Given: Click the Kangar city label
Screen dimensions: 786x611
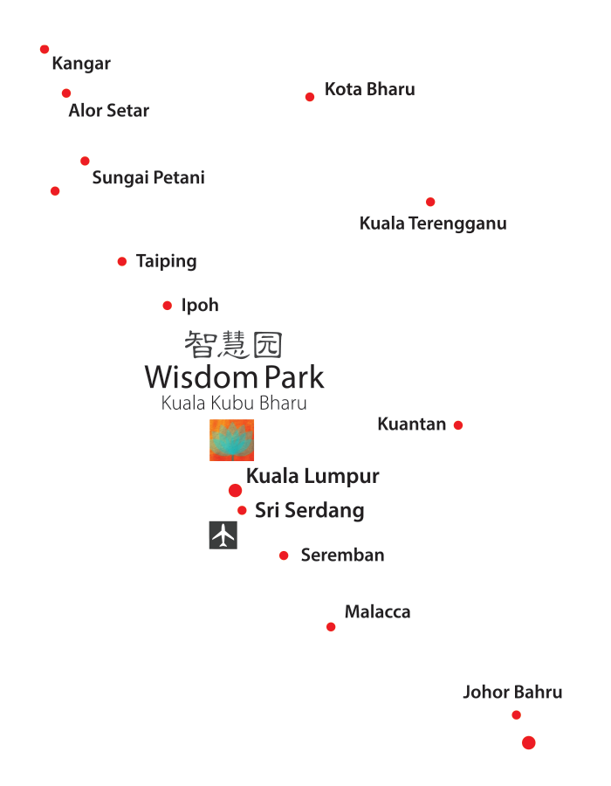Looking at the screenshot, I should pyautogui.click(x=81, y=64).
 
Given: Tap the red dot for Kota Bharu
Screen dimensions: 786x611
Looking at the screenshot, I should pyautogui.click(x=310, y=97).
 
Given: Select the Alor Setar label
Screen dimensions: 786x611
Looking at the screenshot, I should pyautogui.click(x=109, y=111).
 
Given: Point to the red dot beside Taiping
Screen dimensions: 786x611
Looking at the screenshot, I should pyautogui.click(x=122, y=262).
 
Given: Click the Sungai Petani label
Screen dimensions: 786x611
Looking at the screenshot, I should pyautogui.click(x=148, y=178).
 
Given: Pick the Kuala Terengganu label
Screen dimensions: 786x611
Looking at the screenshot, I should pyautogui.click(x=433, y=224).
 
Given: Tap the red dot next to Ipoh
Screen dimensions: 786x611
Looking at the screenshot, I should pyautogui.click(x=168, y=306).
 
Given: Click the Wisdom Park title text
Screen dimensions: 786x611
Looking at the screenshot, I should pyautogui.click(x=234, y=377).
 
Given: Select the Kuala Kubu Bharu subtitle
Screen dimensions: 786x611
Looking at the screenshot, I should pyautogui.click(x=234, y=403).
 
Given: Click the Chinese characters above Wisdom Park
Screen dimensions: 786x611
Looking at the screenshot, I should pyautogui.click(x=233, y=344).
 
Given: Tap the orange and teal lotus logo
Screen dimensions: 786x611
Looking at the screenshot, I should pyautogui.click(x=231, y=440).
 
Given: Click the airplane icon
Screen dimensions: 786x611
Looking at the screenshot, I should pyautogui.click(x=223, y=535).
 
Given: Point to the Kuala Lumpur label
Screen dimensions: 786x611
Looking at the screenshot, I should pyautogui.click(x=312, y=477).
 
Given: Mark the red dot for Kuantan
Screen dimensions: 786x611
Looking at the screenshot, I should pyautogui.click(x=458, y=425).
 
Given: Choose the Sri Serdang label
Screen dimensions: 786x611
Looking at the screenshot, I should pyautogui.click(x=309, y=511).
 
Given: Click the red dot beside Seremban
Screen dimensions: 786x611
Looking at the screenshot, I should pyautogui.click(x=284, y=555).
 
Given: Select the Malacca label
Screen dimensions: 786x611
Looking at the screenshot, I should pyautogui.click(x=377, y=612).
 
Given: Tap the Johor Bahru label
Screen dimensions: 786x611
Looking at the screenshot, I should pyautogui.click(x=512, y=693).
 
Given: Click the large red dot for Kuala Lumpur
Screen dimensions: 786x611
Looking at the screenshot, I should pyautogui.click(x=235, y=491).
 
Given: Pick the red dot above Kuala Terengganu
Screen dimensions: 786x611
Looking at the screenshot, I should pyautogui.click(x=430, y=203).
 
